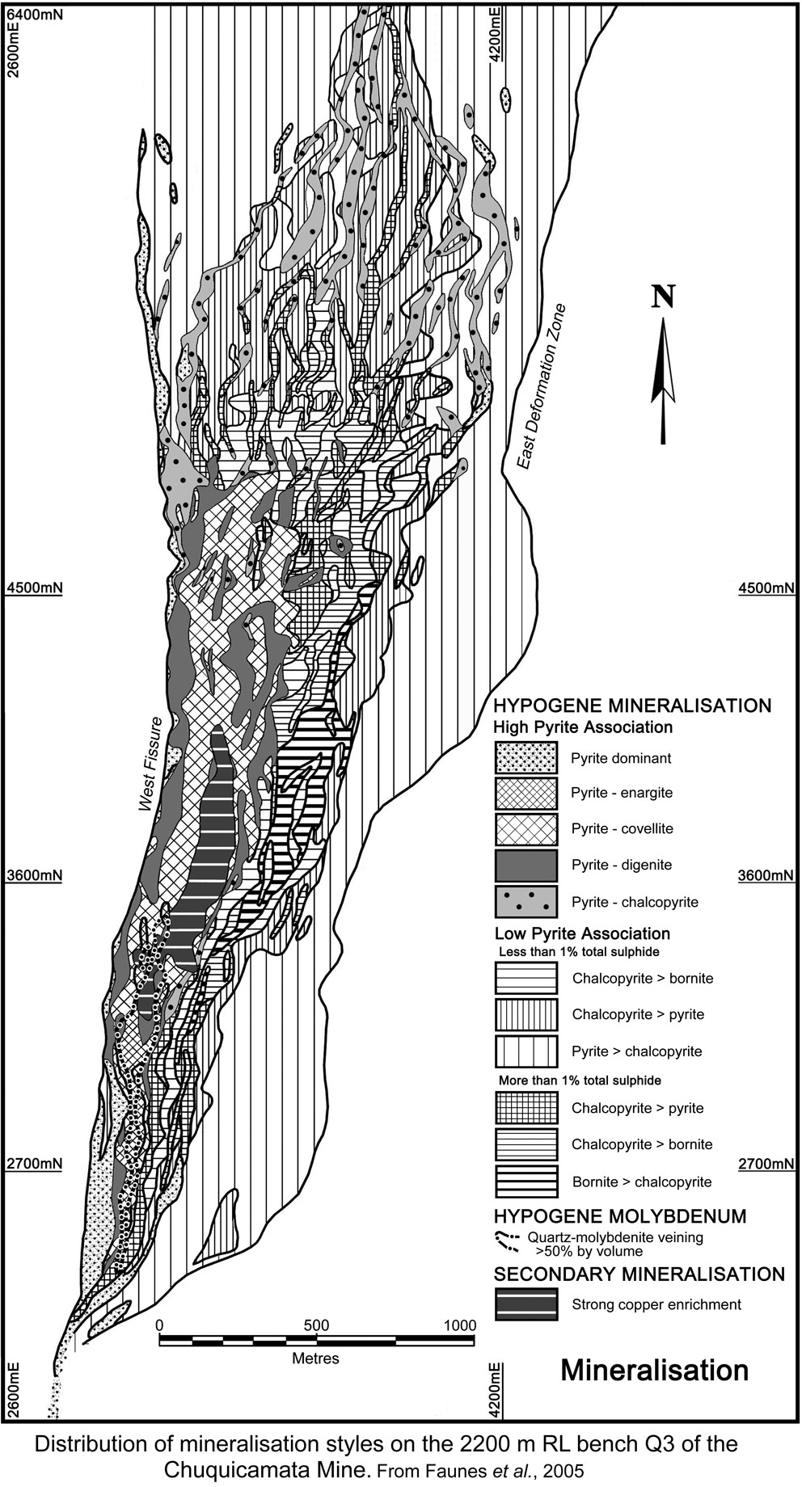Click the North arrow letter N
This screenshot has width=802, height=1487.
663,298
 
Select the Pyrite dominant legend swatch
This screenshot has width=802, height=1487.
526,758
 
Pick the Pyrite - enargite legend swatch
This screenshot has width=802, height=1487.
526,793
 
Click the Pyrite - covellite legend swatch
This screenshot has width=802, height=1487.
526,828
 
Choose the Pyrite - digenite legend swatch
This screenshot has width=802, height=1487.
526,865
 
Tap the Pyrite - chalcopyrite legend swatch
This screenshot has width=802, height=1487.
526,902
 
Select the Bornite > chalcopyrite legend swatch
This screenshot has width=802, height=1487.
526,1182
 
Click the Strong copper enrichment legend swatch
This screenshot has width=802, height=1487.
526,1304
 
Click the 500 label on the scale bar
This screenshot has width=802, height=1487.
316,1325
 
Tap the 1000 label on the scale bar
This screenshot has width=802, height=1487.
460,1325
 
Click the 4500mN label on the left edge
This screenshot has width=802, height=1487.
34,588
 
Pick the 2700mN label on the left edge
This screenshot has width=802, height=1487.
34,1164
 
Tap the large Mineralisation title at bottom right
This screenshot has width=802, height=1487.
654,1371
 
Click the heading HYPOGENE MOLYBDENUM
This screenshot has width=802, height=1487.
619,1216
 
